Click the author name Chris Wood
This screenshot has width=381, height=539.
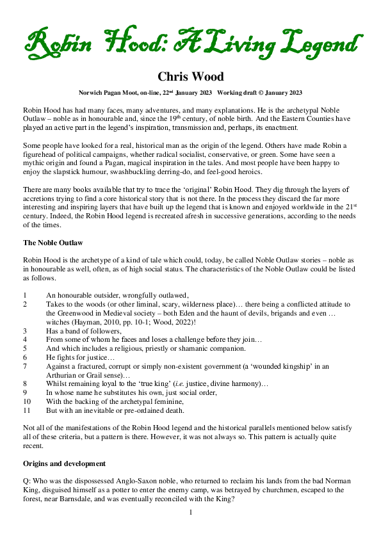tap(190, 77)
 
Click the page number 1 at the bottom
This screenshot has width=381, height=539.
tap(191, 513)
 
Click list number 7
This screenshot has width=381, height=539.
tap(25, 366)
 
